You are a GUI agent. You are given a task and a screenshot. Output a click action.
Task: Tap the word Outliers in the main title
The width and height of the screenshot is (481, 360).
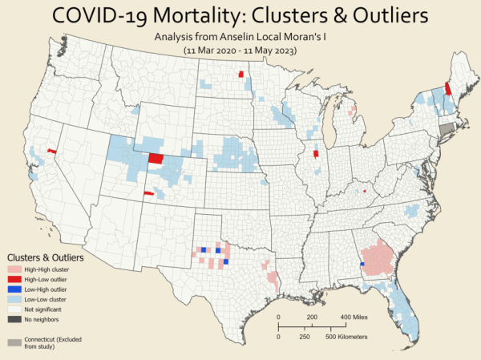coord(380,15)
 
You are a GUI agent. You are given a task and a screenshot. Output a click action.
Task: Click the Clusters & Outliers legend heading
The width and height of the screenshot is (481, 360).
coord(46,258)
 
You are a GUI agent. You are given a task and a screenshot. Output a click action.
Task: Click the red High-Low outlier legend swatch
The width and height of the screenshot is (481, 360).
coord(14,278)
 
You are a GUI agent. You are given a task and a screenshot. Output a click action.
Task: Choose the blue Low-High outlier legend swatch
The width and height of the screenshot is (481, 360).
coord(14,288)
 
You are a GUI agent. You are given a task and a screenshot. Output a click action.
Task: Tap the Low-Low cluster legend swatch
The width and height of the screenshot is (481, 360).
coord(14,297)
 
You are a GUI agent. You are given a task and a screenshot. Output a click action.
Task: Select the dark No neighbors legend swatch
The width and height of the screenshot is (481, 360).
coord(14,319)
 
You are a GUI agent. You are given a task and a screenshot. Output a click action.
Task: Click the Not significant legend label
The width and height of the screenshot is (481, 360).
coord(42,308)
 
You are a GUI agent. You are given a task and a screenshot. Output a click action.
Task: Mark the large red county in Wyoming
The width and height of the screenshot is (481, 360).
coord(156,158)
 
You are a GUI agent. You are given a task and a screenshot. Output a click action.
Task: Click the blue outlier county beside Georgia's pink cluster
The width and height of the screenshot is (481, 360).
coord(362,264)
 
